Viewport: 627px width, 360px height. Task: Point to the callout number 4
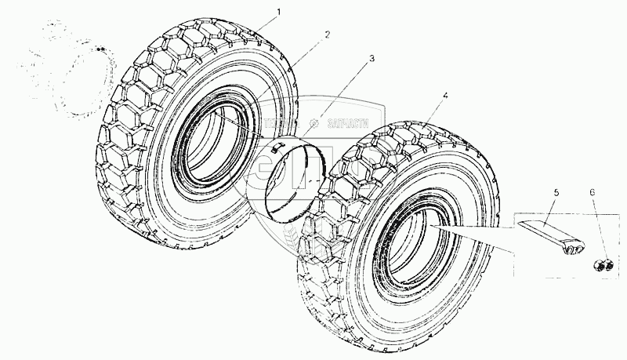coord(444,96)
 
